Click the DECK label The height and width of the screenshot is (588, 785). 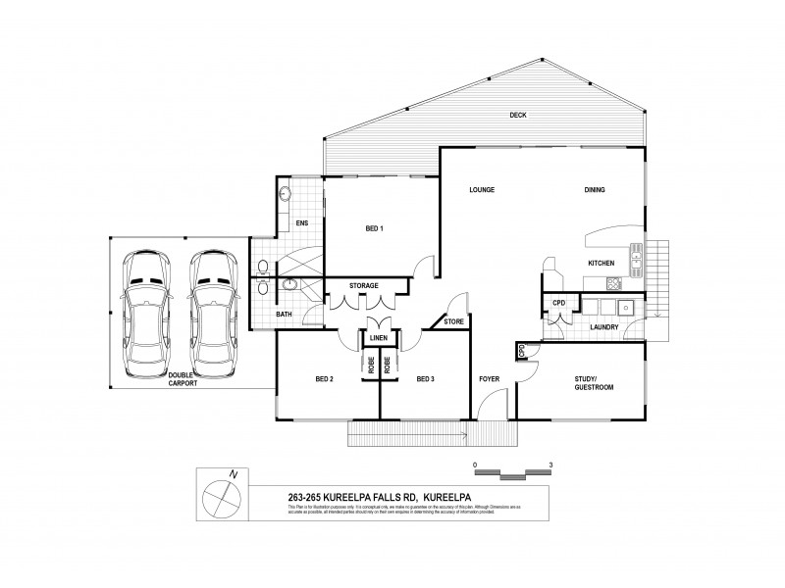(518, 116)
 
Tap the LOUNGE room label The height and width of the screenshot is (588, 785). (481, 190)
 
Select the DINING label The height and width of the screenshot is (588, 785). (595, 190)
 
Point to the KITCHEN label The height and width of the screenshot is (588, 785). (601, 265)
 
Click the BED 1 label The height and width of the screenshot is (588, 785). (374, 229)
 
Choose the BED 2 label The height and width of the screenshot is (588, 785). (326, 379)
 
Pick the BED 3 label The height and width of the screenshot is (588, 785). (425, 379)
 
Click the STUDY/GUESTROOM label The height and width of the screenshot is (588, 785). (594, 383)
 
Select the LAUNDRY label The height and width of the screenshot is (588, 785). (602, 328)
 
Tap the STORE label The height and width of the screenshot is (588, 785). (452, 320)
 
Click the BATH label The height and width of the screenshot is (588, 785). (284, 314)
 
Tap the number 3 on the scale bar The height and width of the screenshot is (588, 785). (551, 465)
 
